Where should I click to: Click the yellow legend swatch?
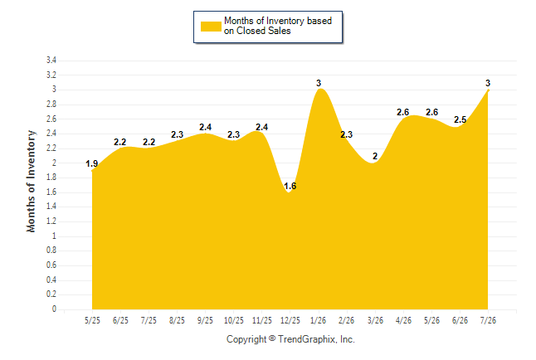(x=211, y=27)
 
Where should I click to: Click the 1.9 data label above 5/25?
(x=91, y=163)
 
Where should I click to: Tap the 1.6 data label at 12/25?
(x=290, y=186)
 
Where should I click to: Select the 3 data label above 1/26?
(x=319, y=83)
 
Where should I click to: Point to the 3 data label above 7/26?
(x=488, y=83)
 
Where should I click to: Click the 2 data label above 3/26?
(x=375, y=156)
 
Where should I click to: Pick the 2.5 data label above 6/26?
(x=460, y=119)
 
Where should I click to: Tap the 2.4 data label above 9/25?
(x=206, y=127)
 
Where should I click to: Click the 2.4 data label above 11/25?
(x=262, y=127)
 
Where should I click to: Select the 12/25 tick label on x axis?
(x=290, y=320)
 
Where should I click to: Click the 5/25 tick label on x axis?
(x=92, y=320)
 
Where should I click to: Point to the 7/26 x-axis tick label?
(x=488, y=320)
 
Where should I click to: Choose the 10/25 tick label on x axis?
(x=234, y=320)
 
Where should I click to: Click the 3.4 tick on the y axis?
(x=51, y=61)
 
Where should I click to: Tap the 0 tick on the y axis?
(x=54, y=309)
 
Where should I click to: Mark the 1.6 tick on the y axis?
(x=51, y=192)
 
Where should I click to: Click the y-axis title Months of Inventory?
(x=31, y=181)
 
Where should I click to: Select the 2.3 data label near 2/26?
(x=346, y=134)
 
